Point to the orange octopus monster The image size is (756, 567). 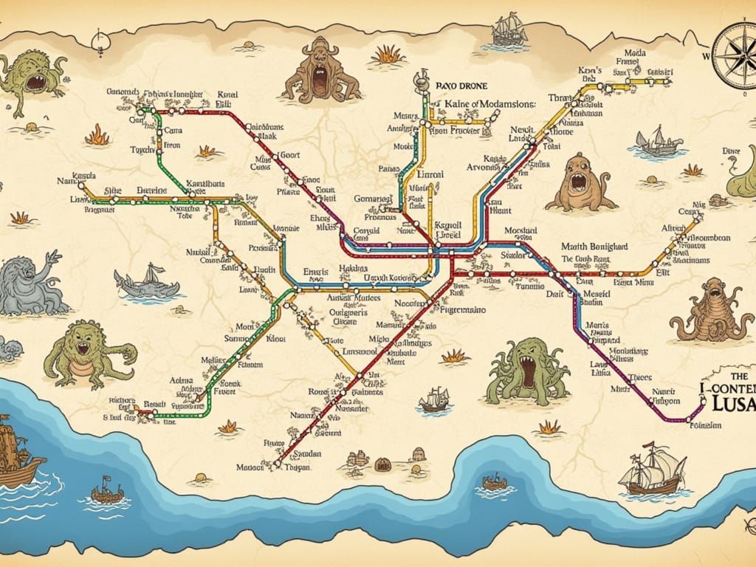713,311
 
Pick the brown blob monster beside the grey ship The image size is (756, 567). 587,183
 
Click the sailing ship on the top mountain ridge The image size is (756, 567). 509,30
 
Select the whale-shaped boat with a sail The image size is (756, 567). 148,283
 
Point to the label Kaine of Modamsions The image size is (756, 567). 490,104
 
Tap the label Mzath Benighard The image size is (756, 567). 594,246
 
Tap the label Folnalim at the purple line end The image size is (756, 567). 705,425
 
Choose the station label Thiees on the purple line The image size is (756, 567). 640,375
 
